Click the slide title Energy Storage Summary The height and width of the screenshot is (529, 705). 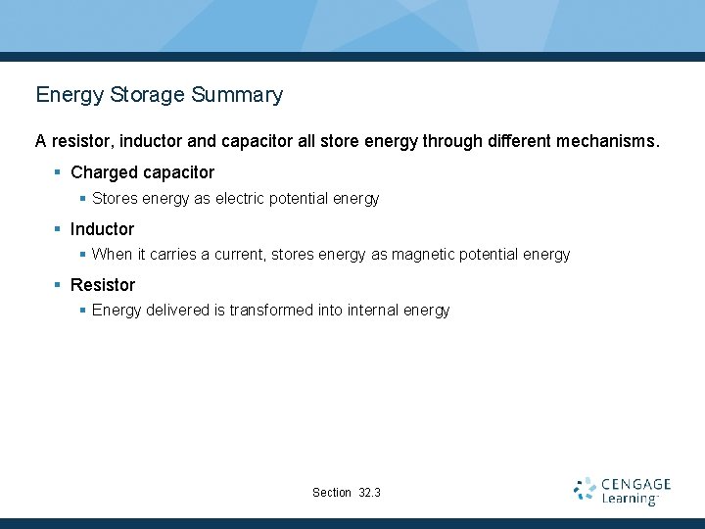pos(159,95)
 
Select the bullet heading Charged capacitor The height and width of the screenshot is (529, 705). pos(142,172)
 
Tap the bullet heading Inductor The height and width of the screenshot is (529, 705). pos(102,229)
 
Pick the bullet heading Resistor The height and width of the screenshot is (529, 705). pos(103,285)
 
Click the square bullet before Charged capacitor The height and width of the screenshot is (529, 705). pos(58,172)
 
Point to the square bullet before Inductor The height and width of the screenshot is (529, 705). pos(58,229)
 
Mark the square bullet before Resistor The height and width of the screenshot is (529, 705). pos(58,285)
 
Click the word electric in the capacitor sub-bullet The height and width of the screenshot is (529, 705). pos(241,199)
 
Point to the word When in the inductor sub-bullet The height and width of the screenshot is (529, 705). pos(111,255)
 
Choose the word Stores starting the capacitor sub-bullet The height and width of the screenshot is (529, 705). pos(115,199)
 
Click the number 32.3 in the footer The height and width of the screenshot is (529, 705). pos(370,493)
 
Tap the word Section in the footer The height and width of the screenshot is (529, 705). pos(331,493)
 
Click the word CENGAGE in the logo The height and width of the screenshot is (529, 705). pos(635,484)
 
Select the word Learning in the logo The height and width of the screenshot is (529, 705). pos(630,500)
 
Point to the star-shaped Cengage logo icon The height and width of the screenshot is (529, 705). pos(585,490)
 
